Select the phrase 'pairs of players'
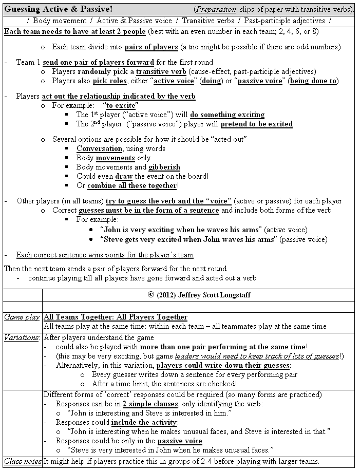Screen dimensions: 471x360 (151, 47)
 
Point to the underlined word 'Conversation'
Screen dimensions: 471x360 (99, 148)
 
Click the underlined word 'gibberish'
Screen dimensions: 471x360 (164, 167)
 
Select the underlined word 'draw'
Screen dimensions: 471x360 (124, 176)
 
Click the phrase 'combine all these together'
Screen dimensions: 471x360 (131, 185)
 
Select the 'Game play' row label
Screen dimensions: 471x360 (22, 317)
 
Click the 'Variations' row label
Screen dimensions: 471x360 (22, 337)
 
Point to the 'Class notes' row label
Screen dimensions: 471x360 (22, 462)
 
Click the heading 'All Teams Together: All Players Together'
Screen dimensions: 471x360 (116, 317)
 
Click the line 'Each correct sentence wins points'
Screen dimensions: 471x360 (105, 255)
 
